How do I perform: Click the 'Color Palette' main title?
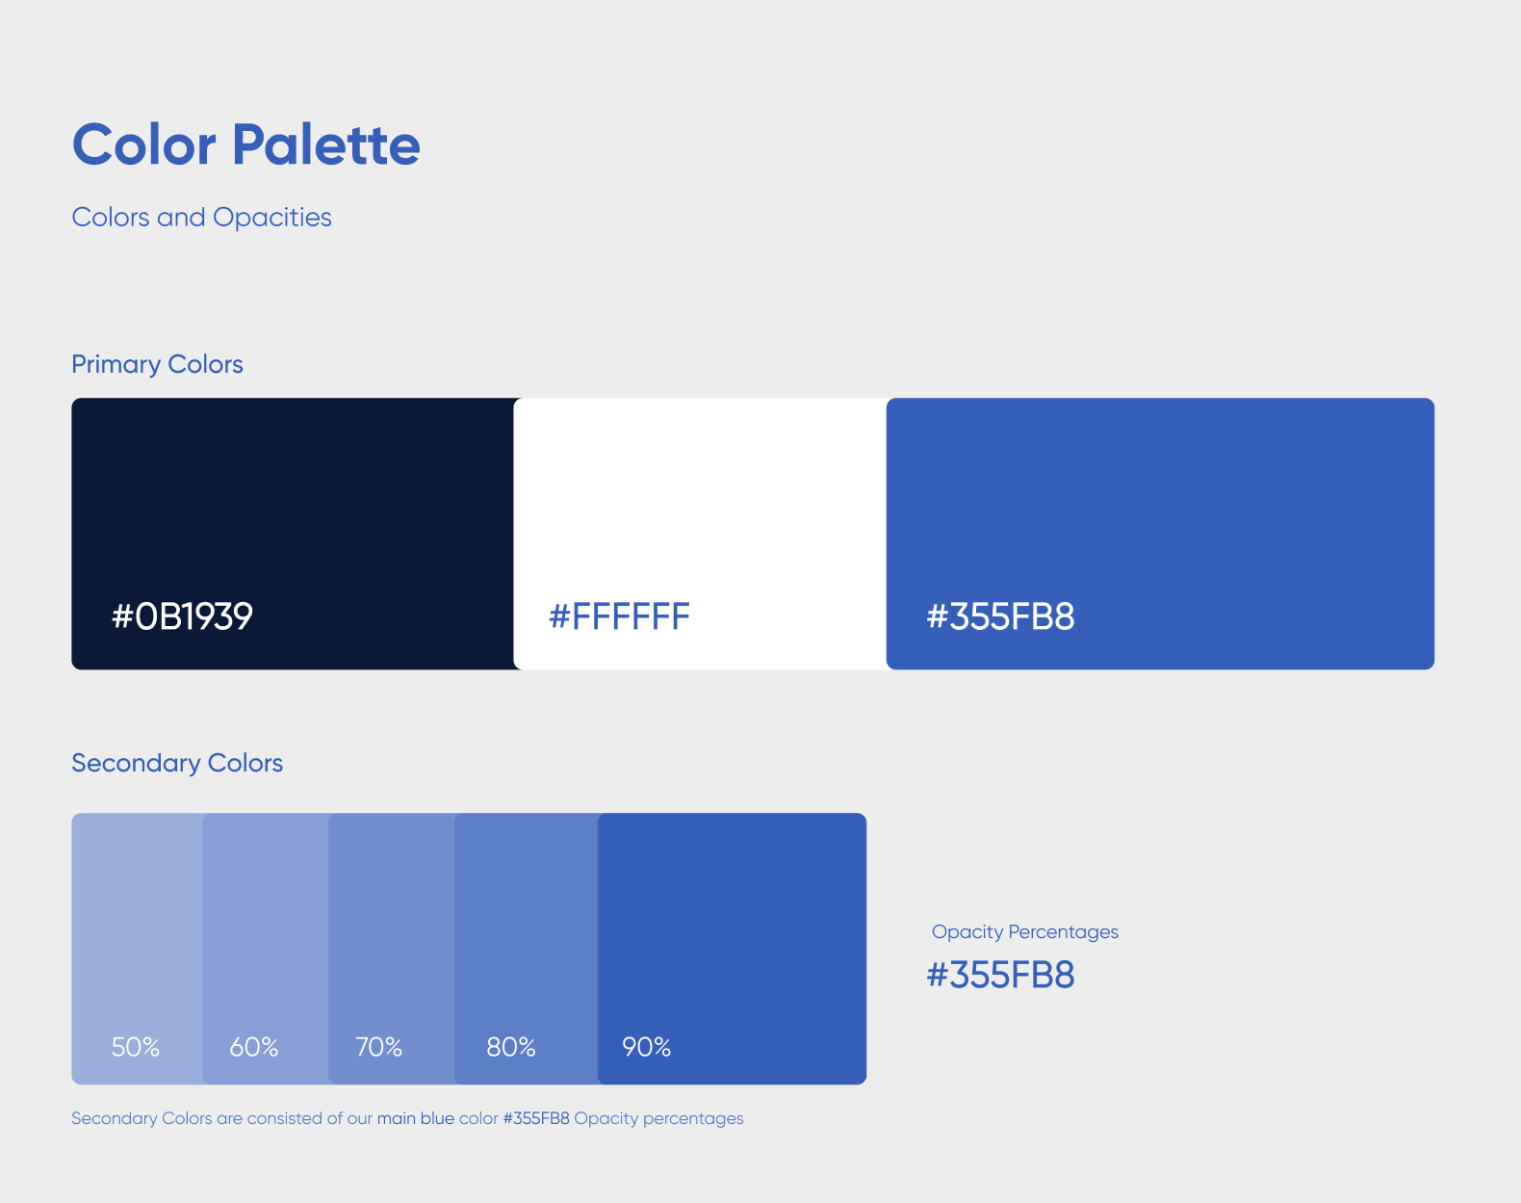coord(246,145)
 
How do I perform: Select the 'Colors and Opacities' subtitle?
coord(201,217)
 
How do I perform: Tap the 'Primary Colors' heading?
coord(157,364)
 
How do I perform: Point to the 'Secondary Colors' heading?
coord(177,763)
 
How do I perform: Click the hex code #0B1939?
coord(182,616)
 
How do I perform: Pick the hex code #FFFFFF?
coord(619,616)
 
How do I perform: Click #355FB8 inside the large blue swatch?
coord(1000,616)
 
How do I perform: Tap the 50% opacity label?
coord(136,1047)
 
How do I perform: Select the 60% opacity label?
coord(254,1047)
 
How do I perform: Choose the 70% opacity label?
coord(379,1047)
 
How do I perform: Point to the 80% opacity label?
coord(511,1047)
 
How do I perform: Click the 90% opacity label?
coord(646,1047)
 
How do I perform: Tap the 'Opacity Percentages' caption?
coord(1025,932)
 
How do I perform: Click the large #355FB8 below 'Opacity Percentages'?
coord(1000,975)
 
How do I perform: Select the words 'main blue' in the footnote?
coord(416,1118)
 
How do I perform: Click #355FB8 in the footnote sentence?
coord(536,1118)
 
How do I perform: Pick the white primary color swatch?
coord(700,534)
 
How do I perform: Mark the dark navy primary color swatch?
coord(293,534)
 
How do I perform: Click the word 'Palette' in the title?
coord(326,145)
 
